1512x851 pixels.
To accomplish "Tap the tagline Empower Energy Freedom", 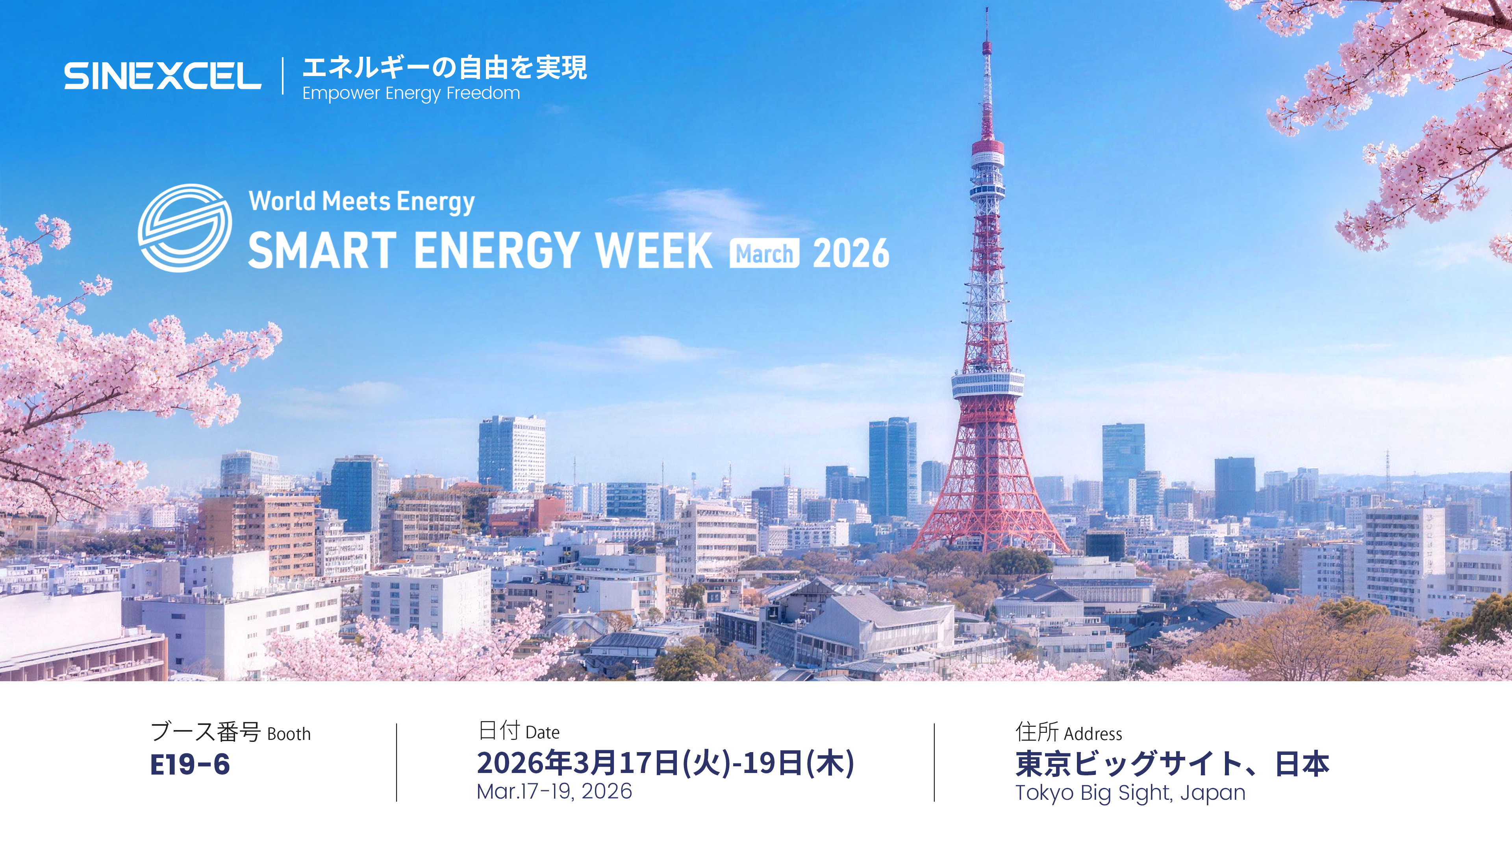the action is pyautogui.click(x=411, y=93).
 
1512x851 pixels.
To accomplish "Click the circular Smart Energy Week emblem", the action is pyautogui.click(x=185, y=228).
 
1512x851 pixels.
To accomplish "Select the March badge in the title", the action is pyautogui.click(x=764, y=254).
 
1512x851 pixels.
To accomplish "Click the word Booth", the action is pyautogui.click(x=289, y=734).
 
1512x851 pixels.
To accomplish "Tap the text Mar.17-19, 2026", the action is pyautogui.click(x=554, y=791).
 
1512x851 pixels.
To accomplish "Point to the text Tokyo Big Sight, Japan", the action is pyautogui.click(x=1130, y=793).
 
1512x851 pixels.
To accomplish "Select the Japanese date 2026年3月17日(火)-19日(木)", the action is pyautogui.click(x=665, y=762).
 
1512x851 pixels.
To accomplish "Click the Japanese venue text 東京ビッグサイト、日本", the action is pyautogui.click(x=1172, y=764).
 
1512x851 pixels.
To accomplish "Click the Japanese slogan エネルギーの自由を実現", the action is pyautogui.click(x=444, y=67).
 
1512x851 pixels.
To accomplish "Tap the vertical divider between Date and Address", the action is pyautogui.click(x=934, y=762).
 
